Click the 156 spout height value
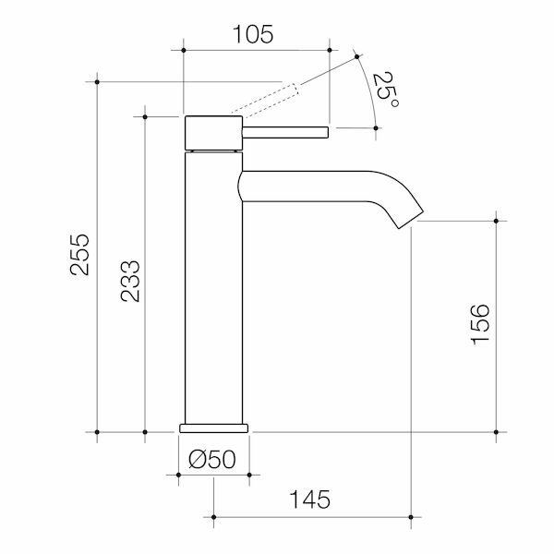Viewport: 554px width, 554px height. (480, 323)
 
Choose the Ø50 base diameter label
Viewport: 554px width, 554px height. (213, 458)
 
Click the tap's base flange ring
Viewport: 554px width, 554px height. (213, 428)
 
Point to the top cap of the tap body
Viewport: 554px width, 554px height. (213, 132)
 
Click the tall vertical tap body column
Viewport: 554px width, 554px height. (213, 286)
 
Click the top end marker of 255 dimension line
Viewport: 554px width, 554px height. (98, 82)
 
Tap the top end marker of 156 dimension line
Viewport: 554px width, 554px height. (497, 222)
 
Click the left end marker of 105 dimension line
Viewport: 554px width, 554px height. (186, 49)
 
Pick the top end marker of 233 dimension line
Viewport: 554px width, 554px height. (145, 116)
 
